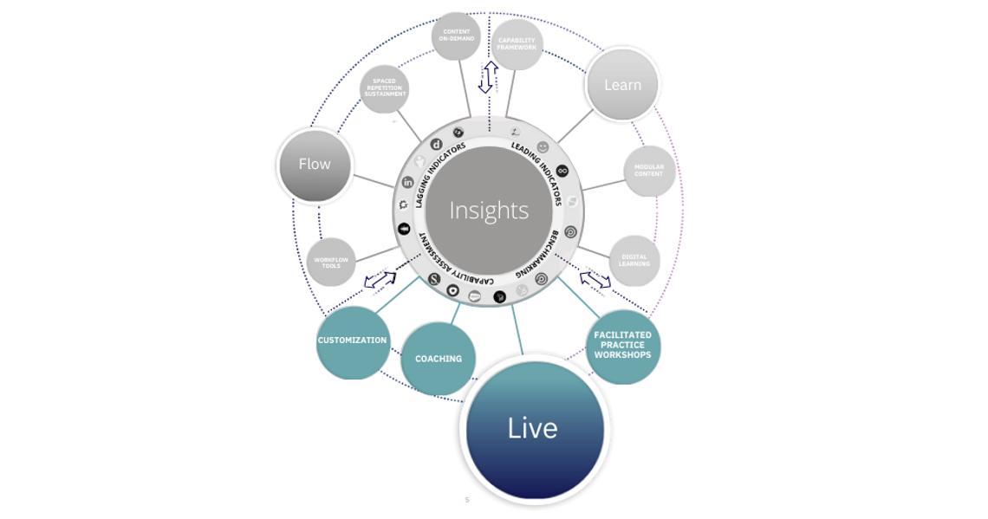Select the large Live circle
coord(532,427)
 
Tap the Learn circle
coord(622,84)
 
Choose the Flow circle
coord(315,165)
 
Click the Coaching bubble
coord(439,359)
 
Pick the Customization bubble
coord(352,341)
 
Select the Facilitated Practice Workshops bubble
coord(622,345)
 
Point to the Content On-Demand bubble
coord(456,36)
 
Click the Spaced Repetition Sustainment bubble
coord(384,89)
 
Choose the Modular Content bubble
coord(649,171)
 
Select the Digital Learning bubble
coord(635,260)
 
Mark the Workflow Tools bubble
coord(332,263)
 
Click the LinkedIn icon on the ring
coord(408,182)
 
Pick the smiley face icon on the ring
coord(543,147)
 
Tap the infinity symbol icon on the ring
coord(562,171)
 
